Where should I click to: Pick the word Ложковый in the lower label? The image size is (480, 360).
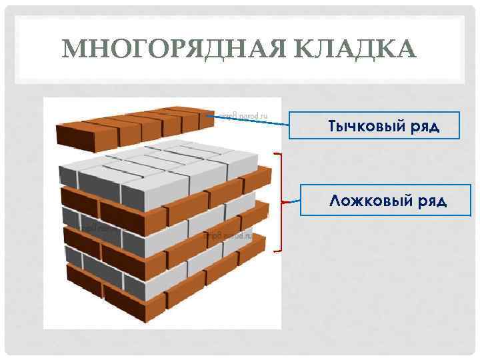tap(363, 201)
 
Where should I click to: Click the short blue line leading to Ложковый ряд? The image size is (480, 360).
tap(291, 201)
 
